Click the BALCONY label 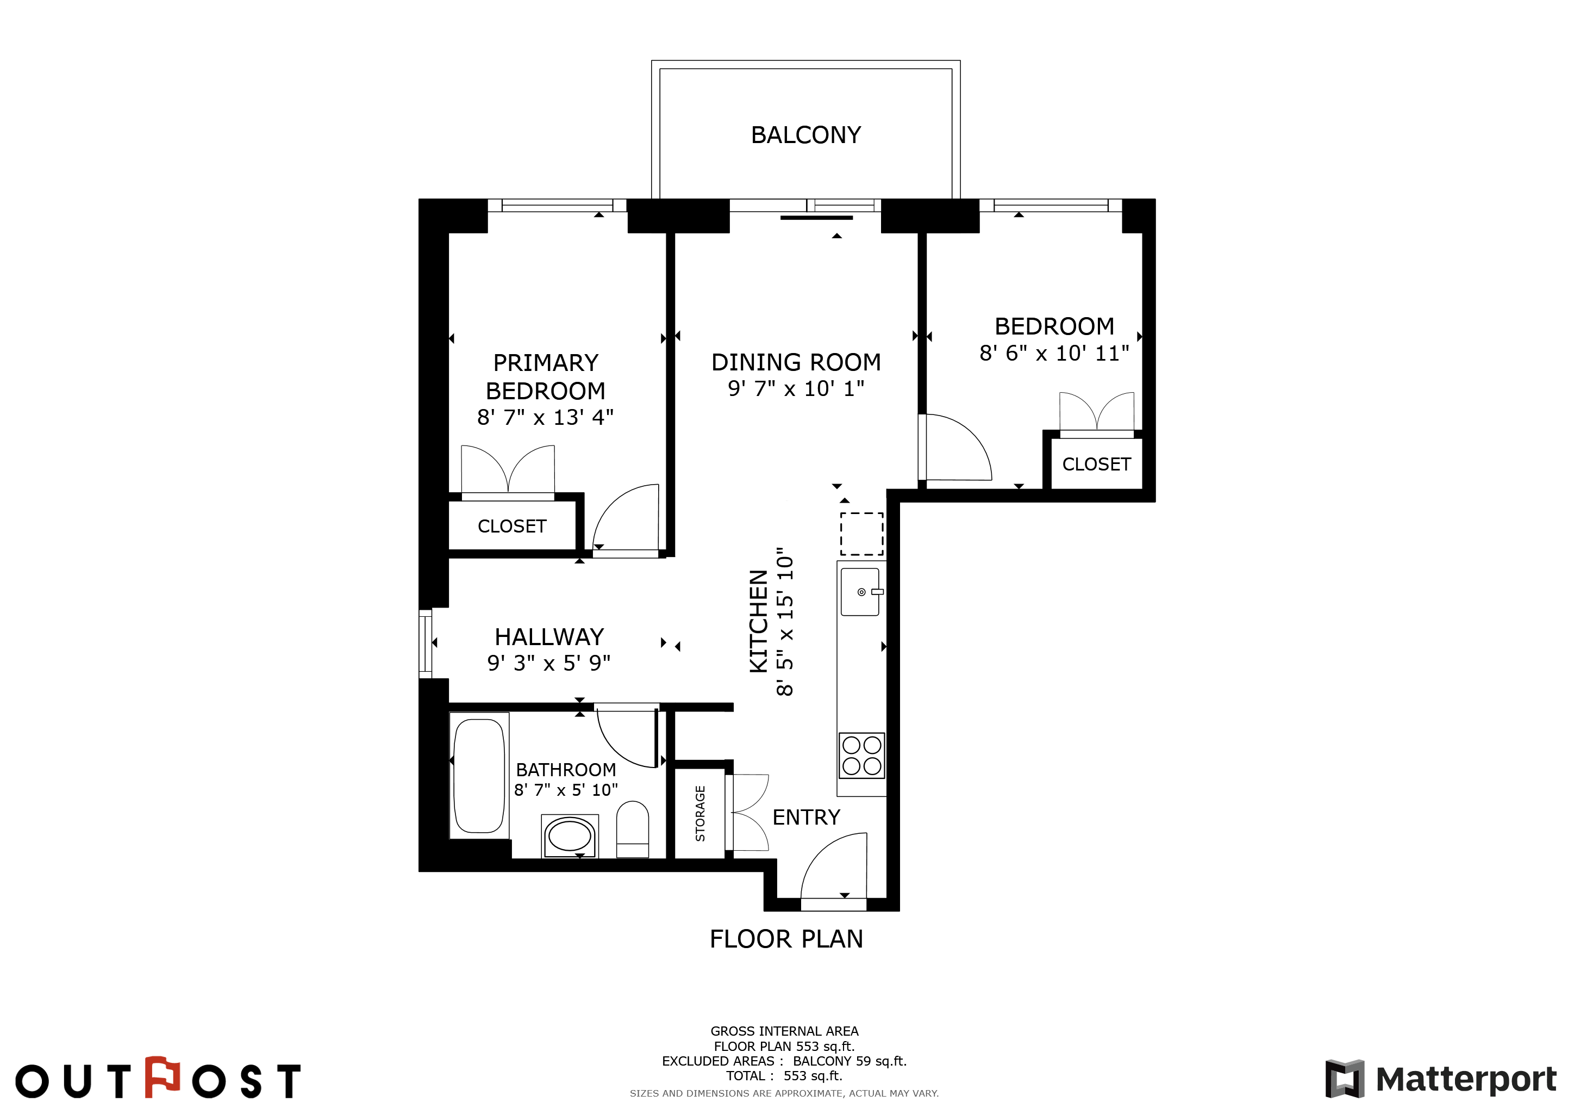tap(805, 135)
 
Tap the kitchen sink tap(860, 592)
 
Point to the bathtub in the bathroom tap(479, 776)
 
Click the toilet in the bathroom tap(632, 830)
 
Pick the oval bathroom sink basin tap(570, 836)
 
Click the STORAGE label tap(700, 814)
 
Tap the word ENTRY tap(806, 817)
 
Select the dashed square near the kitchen tap(861, 534)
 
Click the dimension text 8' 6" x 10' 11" tap(1054, 353)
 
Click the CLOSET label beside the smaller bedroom tap(1096, 465)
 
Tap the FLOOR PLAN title tap(786, 939)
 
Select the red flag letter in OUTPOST tap(163, 1077)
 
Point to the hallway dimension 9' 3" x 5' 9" tap(548, 663)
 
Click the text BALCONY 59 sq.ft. tap(850, 1061)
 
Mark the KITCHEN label tap(758, 622)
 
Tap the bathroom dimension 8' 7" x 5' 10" tap(566, 790)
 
